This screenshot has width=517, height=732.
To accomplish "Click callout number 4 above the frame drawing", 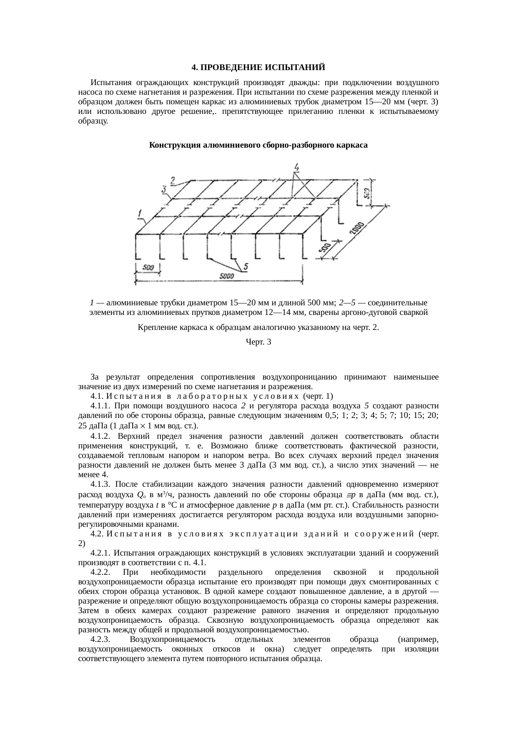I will pos(296,167).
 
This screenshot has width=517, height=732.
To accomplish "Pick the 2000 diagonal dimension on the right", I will pos(357,231).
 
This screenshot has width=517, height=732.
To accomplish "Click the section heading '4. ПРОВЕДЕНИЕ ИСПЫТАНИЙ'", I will pos(258,67).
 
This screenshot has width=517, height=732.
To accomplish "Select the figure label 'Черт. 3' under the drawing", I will pos(258,342).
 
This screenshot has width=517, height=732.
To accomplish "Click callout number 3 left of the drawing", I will pos(165,189).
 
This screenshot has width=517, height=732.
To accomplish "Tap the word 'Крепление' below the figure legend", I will pos(155,327).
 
